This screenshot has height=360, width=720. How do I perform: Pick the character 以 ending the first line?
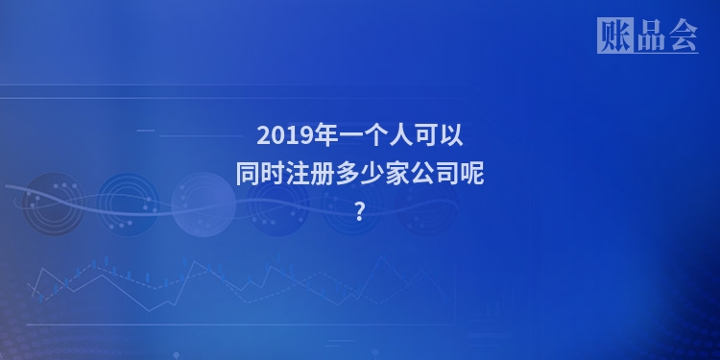click(452, 135)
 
